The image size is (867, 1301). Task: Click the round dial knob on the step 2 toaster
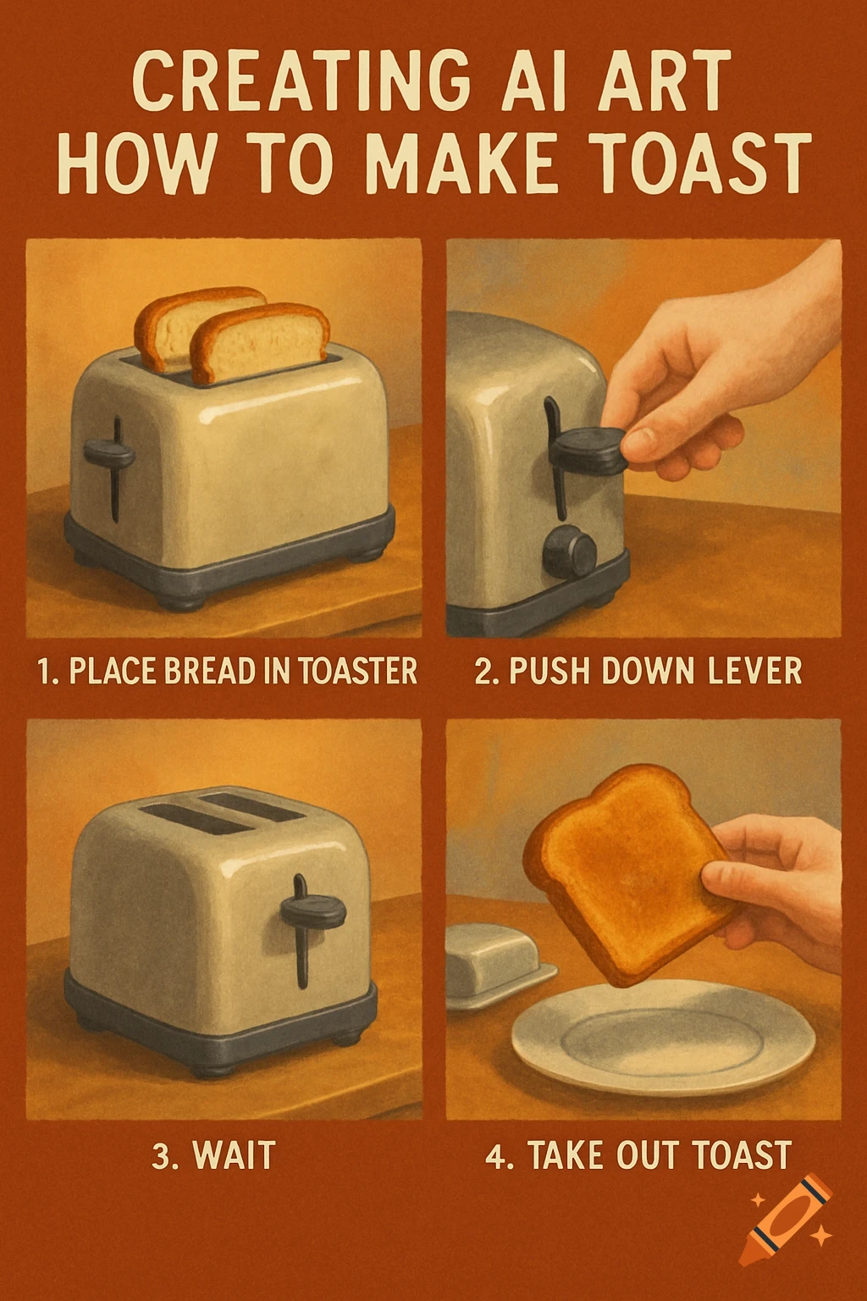pos(570,551)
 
